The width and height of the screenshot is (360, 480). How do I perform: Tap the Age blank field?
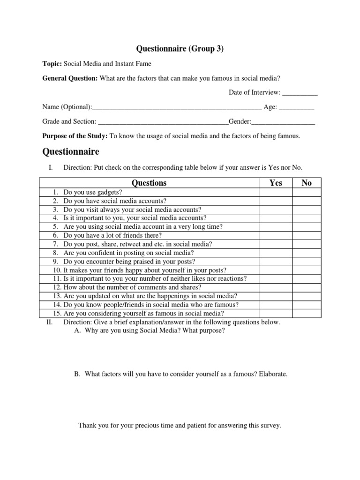point(296,107)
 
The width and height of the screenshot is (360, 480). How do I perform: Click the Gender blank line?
point(284,122)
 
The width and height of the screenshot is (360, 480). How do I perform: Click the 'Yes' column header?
point(276,183)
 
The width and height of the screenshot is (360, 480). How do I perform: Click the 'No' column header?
point(307,183)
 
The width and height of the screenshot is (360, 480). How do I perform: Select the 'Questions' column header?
point(149,183)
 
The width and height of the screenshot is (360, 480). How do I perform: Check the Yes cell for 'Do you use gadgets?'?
point(276,192)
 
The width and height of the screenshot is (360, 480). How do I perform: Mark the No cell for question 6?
point(307,235)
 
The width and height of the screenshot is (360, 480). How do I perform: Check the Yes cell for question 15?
point(276,313)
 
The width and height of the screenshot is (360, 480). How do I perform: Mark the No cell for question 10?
point(307,270)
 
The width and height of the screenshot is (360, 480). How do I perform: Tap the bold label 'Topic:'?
point(52,63)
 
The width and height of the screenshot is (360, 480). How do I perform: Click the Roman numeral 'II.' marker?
point(48,322)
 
